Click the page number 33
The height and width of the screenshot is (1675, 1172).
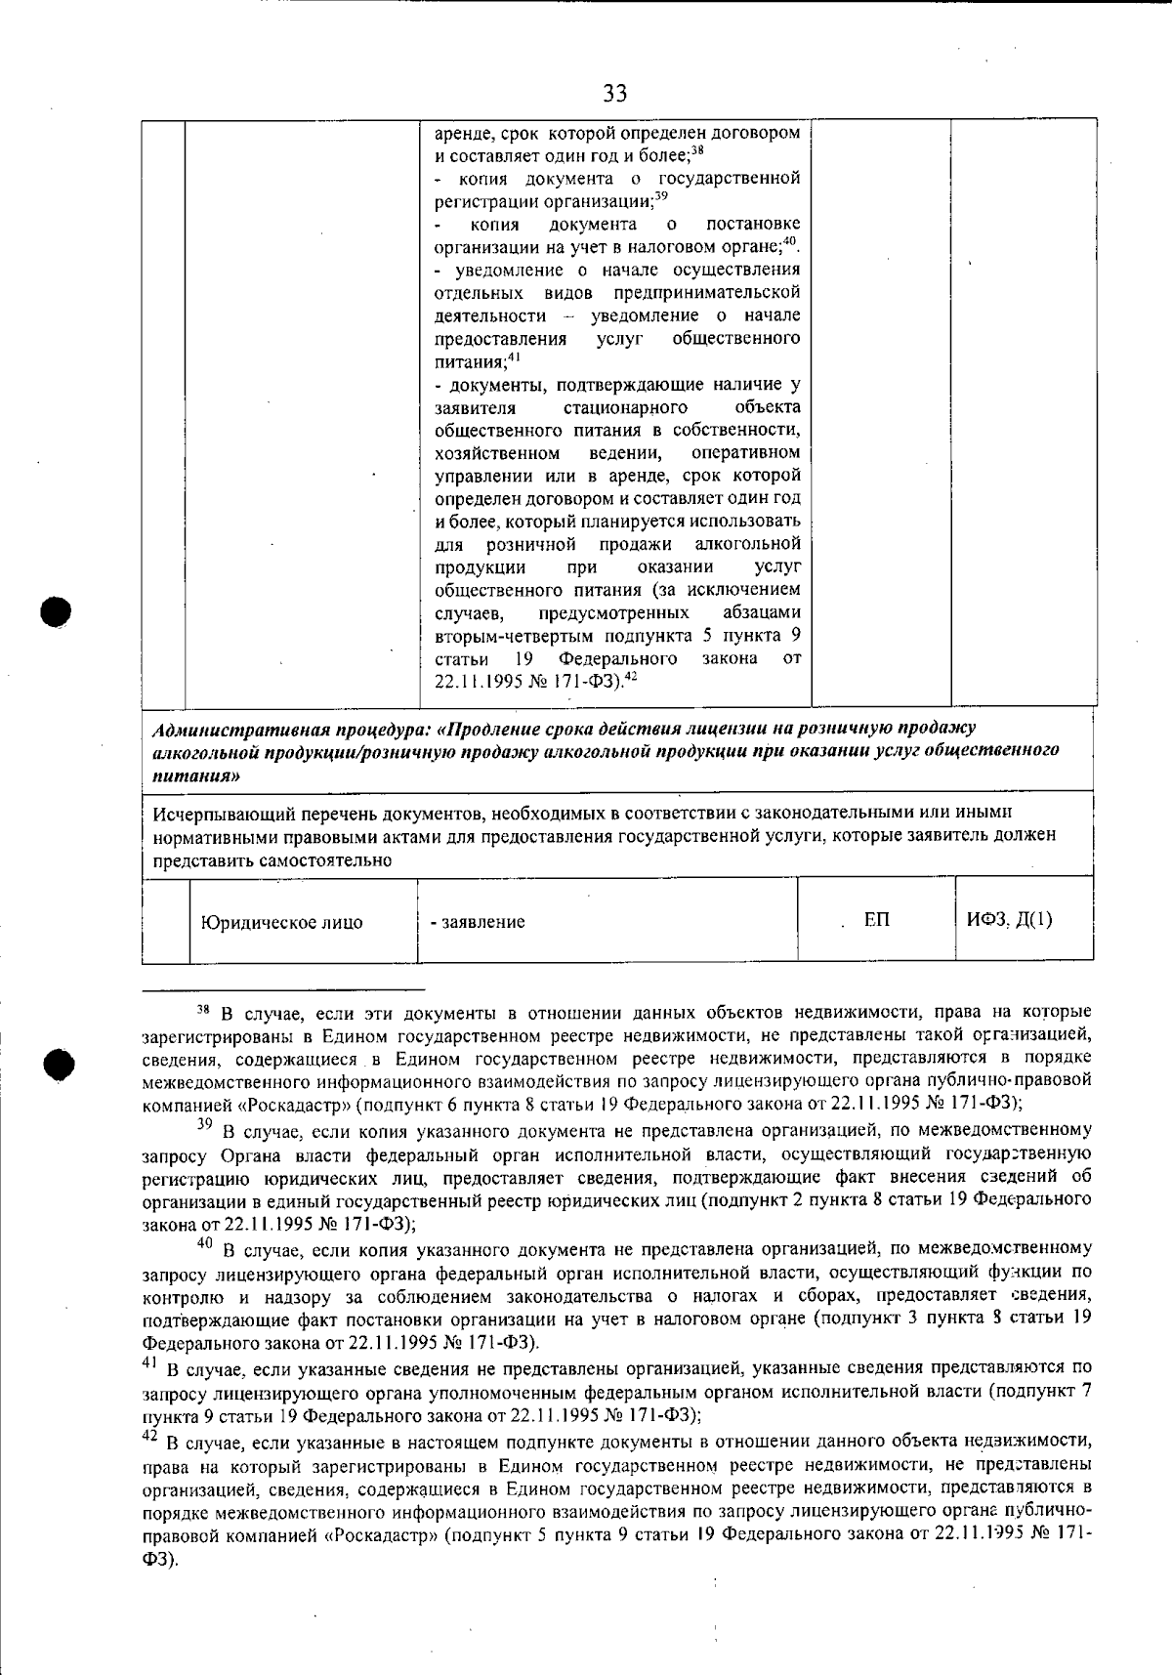(614, 93)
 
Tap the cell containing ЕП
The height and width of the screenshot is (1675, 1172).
(876, 920)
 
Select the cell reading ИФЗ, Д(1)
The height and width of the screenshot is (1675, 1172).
(1010, 920)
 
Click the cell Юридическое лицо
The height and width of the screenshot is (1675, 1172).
(282, 922)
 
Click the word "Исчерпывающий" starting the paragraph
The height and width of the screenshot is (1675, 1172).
(221, 813)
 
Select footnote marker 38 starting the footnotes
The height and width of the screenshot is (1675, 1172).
(203, 1008)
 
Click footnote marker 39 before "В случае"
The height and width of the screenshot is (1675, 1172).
(204, 1125)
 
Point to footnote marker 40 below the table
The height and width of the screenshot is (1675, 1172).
(204, 1243)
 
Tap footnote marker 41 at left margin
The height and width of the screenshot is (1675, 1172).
(149, 1362)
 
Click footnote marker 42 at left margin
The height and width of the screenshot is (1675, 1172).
(149, 1436)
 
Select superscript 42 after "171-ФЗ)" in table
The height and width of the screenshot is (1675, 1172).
(631, 676)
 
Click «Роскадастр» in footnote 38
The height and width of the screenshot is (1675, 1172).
(292, 1104)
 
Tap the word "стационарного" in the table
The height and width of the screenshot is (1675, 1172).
(625, 407)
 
